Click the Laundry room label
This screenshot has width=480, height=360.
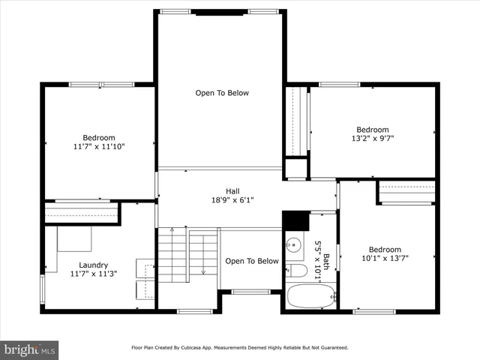click(94, 265)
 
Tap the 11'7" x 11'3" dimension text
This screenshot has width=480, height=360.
click(94, 274)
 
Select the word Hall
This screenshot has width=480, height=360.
click(232, 190)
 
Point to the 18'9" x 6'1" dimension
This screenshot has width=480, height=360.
click(232, 200)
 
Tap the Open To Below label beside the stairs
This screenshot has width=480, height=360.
click(252, 261)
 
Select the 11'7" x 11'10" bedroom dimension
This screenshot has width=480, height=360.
click(99, 147)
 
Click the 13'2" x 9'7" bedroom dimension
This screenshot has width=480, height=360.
click(373, 139)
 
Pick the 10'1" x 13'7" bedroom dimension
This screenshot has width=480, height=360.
click(385, 259)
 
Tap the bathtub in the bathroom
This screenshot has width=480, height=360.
click(307, 298)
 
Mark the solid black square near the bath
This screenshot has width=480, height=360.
click(296, 220)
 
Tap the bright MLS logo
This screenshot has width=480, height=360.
click(30, 349)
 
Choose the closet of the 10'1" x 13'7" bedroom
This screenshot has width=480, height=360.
click(406, 193)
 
